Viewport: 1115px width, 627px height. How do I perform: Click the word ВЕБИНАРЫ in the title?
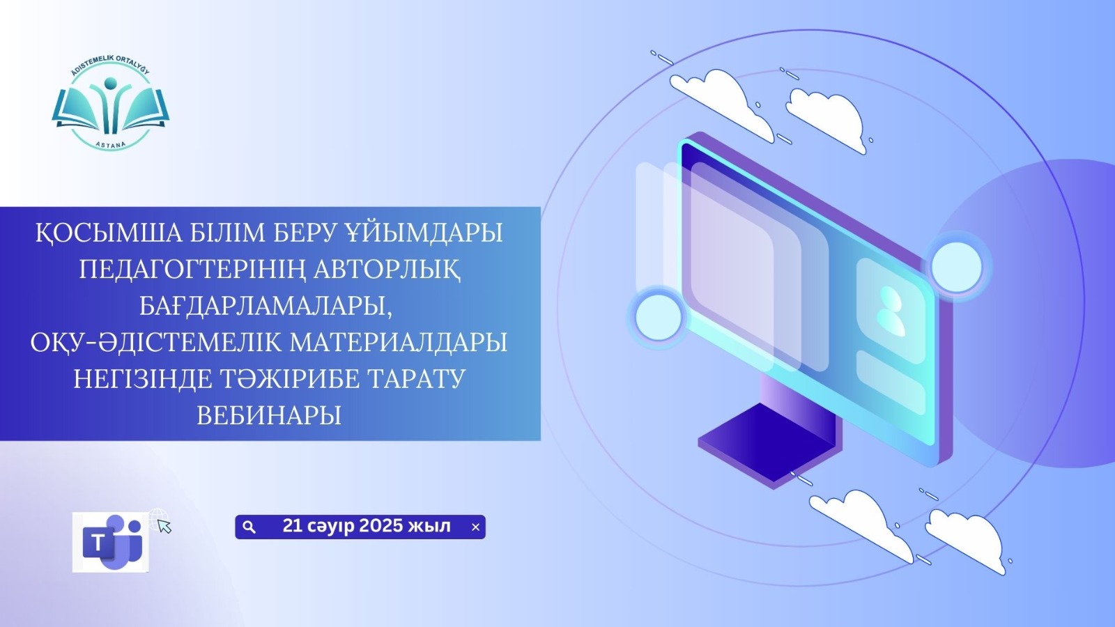pos(269,415)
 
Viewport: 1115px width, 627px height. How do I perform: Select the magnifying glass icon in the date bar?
pos(249,527)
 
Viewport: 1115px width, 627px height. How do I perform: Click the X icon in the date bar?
pos(475,527)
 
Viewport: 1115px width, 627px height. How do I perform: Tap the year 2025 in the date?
pos(380,526)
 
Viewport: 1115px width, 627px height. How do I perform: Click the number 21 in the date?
pos(292,526)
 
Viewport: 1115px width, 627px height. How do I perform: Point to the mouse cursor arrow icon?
pos(164,526)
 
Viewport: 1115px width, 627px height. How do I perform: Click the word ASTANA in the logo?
pos(111,144)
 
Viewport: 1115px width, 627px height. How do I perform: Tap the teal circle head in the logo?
pos(111,82)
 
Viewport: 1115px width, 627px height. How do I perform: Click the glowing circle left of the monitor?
pos(659,317)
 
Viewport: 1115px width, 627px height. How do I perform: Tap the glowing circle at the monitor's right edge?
pos(956,266)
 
